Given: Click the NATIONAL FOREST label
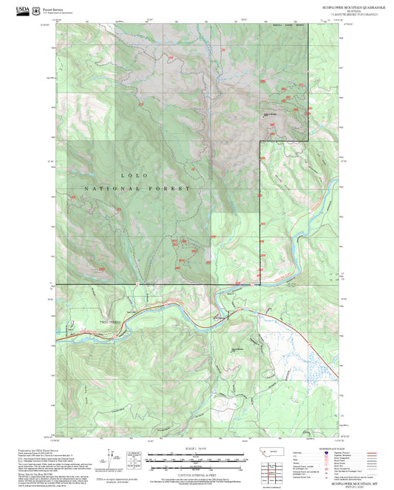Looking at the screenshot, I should [137, 189].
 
